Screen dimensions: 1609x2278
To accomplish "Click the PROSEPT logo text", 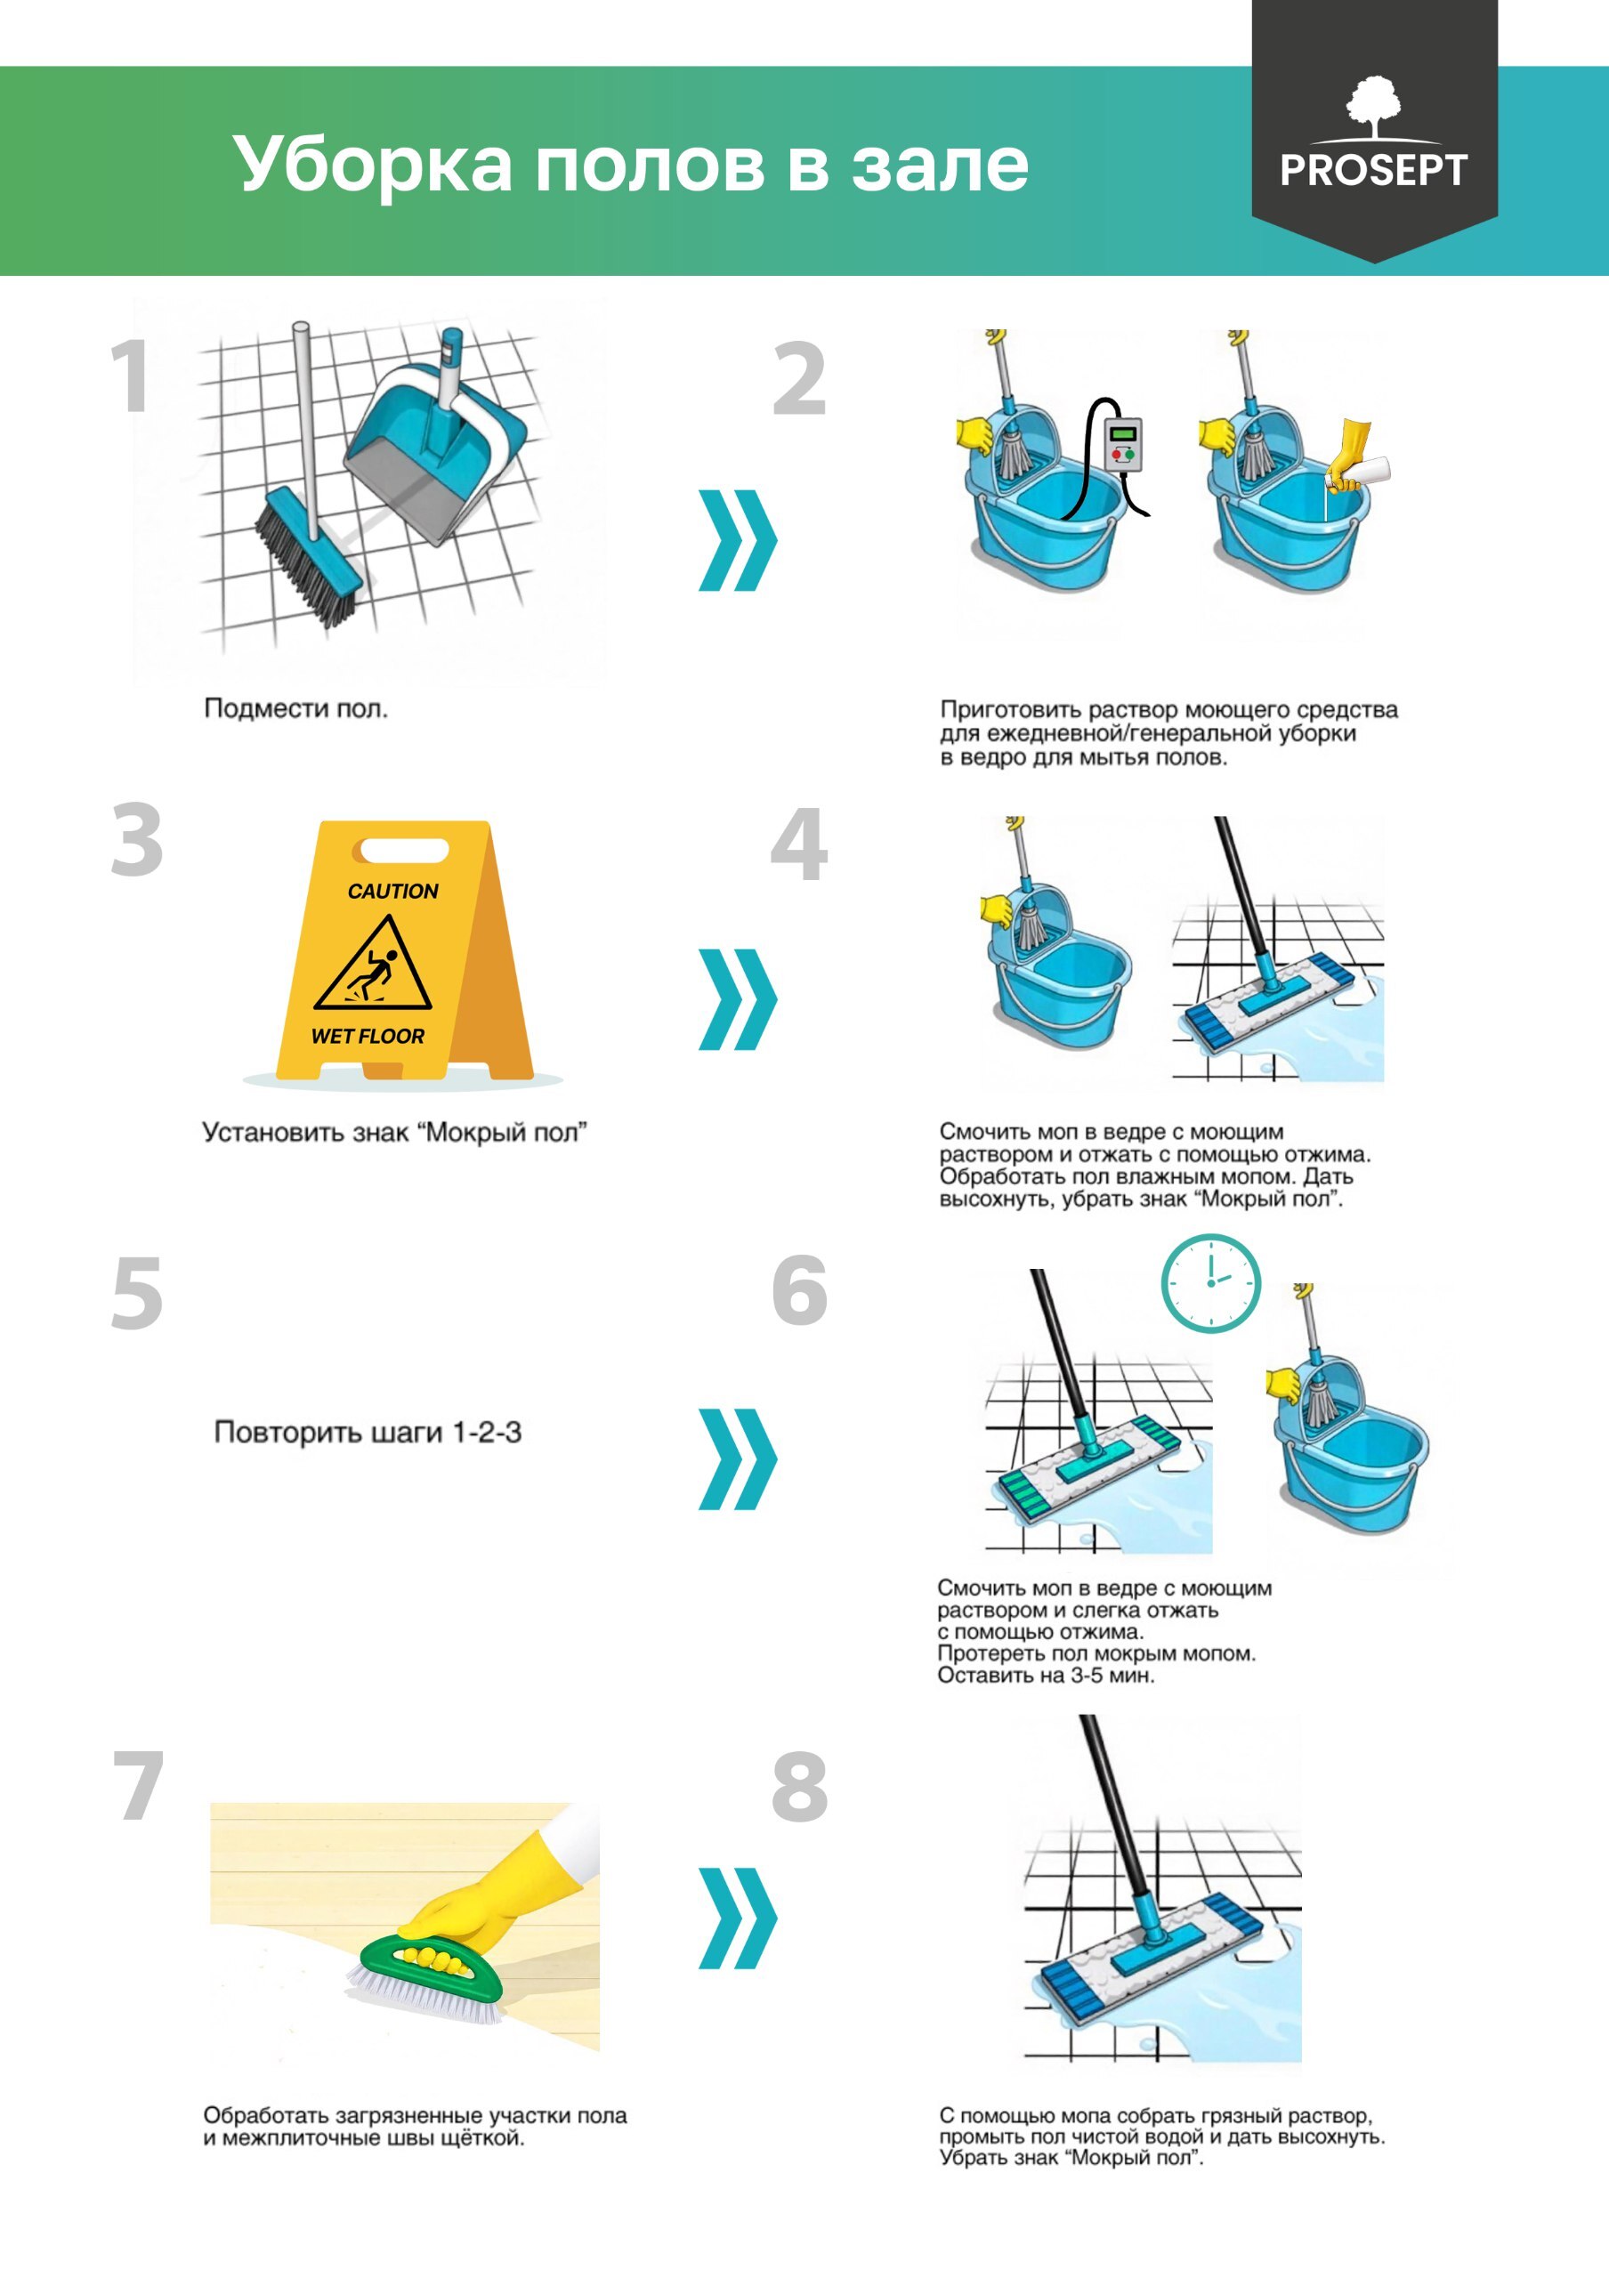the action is [1373, 170].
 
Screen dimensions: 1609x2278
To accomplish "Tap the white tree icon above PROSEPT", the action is [1373, 107].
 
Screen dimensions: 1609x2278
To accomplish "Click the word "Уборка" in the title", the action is [373, 165].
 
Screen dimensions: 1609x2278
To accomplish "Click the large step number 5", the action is [137, 1293].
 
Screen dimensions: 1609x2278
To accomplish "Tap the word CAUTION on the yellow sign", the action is [392, 891].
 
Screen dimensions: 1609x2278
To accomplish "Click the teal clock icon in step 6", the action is [1210, 1283].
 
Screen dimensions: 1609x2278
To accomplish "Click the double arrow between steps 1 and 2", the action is [738, 540].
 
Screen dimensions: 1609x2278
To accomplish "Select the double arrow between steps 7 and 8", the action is [738, 1917].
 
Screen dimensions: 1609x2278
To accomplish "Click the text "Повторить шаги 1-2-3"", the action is [368, 1433].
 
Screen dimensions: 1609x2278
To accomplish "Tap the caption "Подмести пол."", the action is [295, 708].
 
